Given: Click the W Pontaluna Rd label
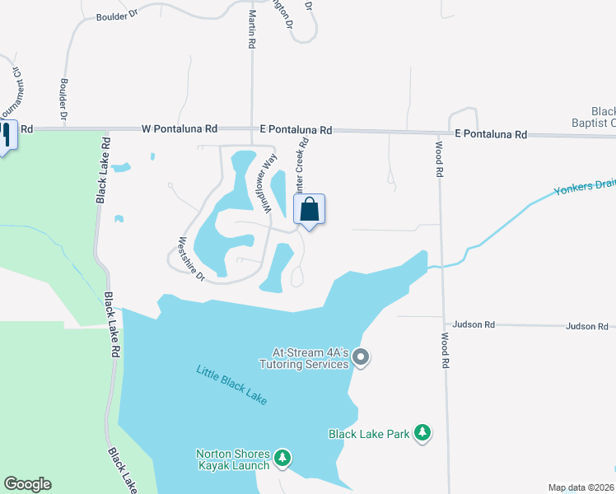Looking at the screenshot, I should (x=180, y=129).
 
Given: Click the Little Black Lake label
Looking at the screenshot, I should (x=231, y=384).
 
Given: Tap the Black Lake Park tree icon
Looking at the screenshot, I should (x=422, y=432).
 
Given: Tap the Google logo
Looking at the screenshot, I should (x=27, y=484).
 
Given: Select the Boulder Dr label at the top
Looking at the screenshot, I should (x=115, y=16).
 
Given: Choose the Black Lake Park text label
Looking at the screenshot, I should (x=369, y=433).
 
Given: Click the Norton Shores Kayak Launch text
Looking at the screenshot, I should (x=232, y=459).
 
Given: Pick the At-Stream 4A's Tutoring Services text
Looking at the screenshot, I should (x=304, y=358).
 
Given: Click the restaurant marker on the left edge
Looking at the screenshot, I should (x=7, y=133).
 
